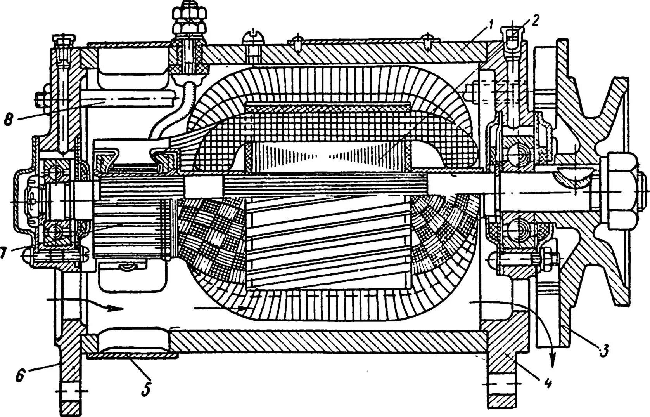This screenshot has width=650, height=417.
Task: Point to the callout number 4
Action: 547,383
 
